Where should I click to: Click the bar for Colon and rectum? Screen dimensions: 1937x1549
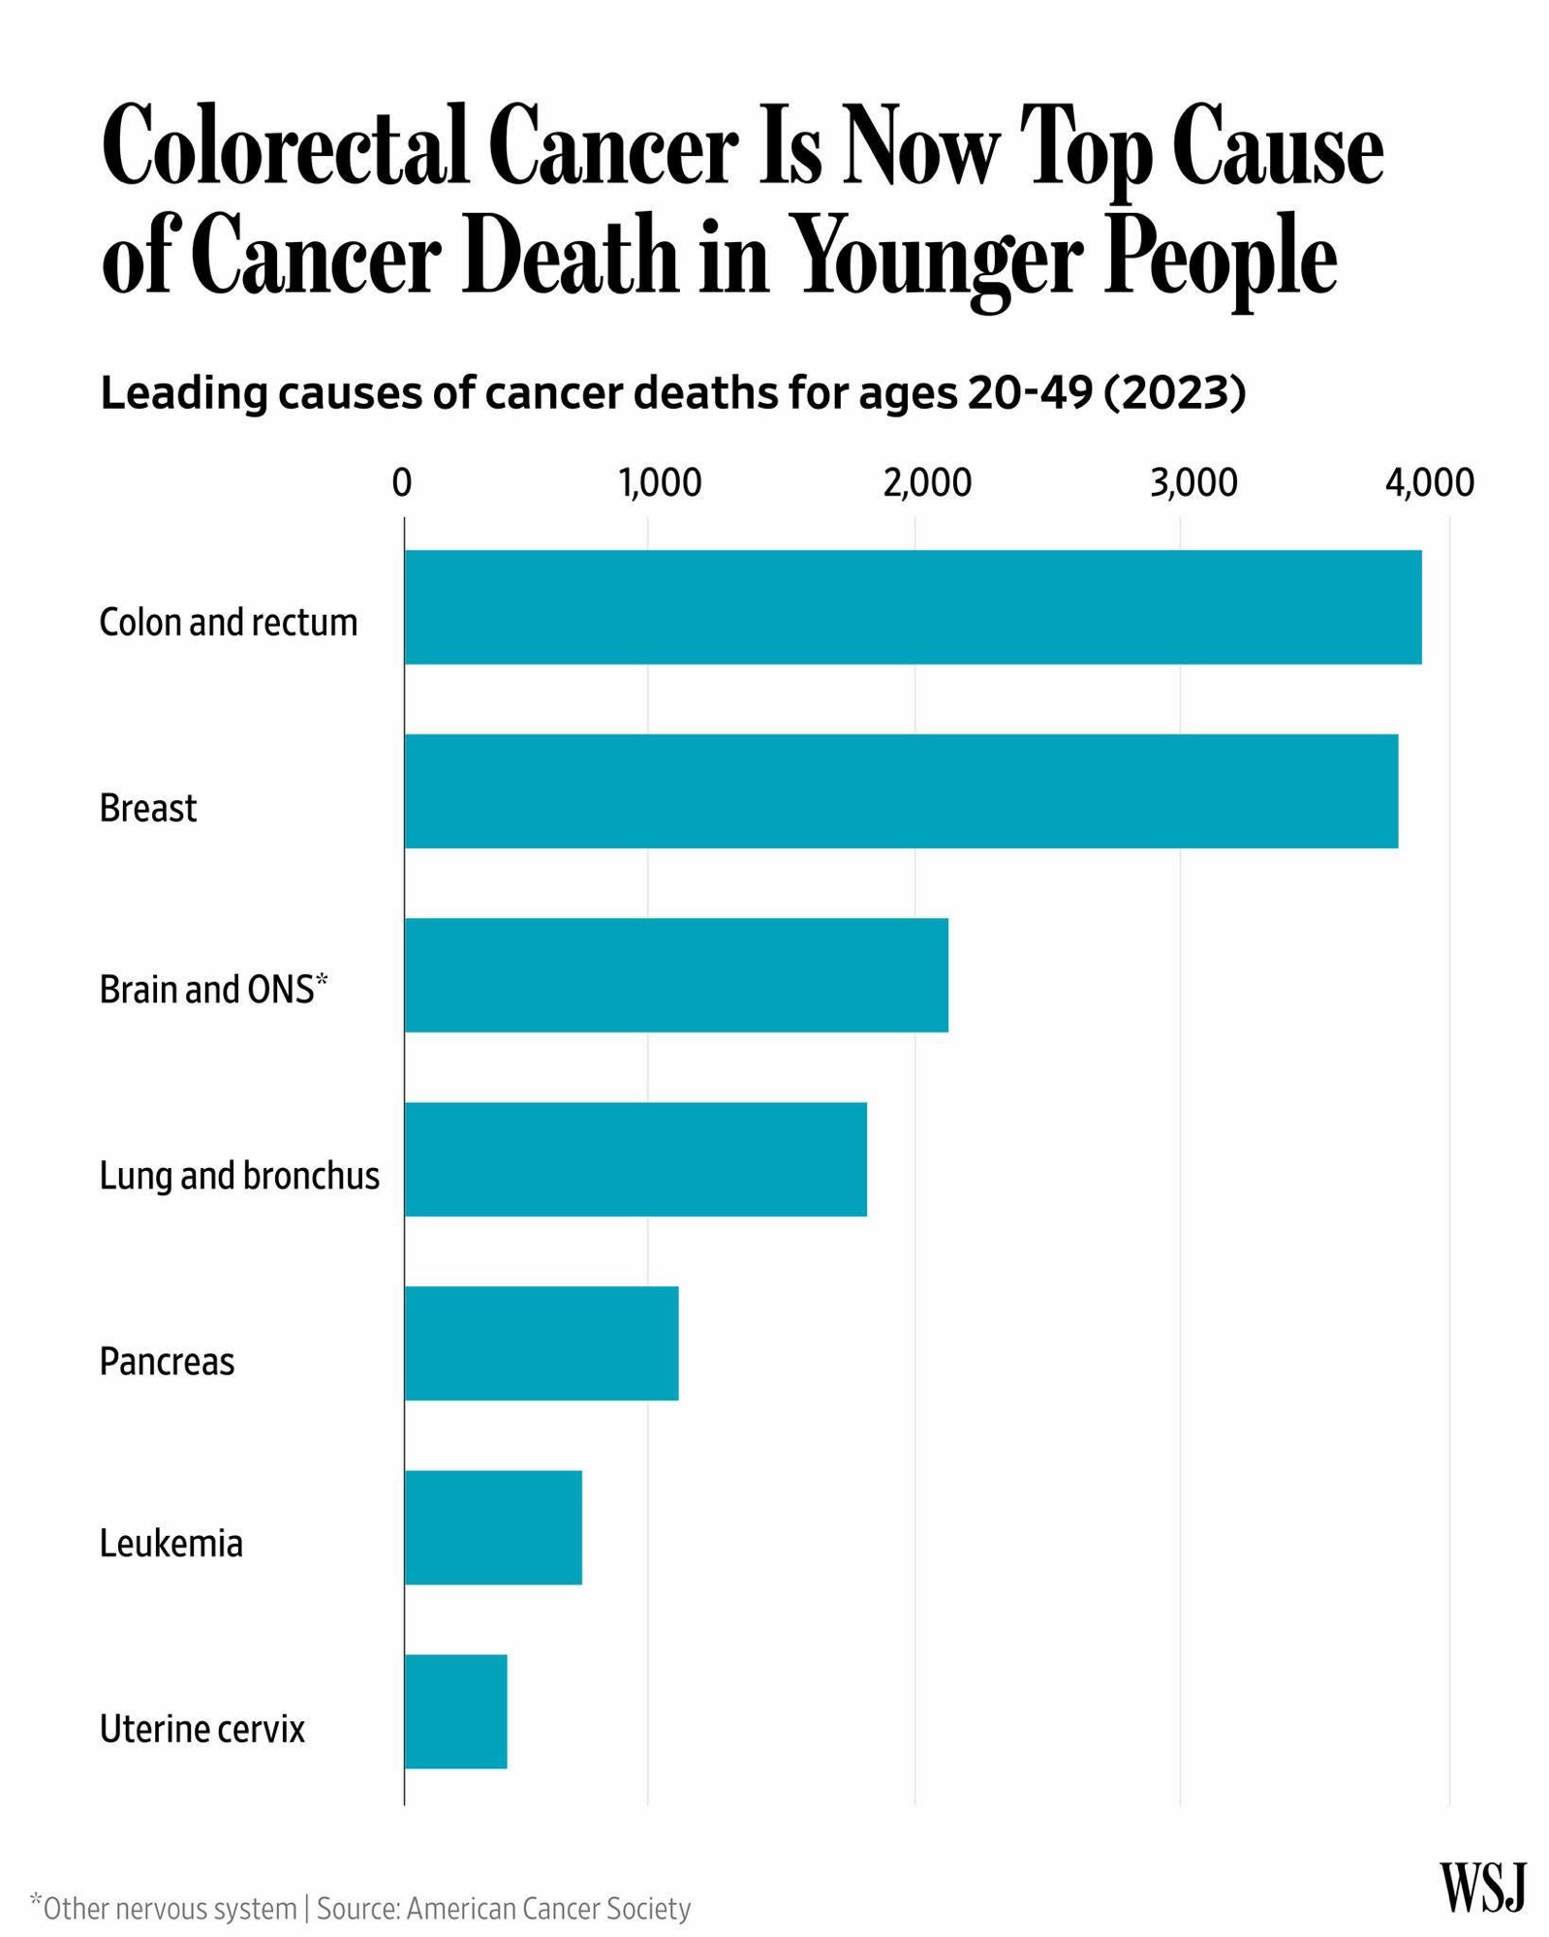tap(913, 607)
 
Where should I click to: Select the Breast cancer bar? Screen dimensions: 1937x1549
tap(901, 791)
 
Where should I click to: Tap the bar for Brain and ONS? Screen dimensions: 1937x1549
tap(676, 975)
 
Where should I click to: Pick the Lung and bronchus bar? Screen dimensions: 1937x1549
tap(635, 1159)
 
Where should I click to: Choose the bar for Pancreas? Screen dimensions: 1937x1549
tap(542, 1343)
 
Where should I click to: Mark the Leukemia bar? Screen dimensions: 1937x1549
tap(493, 1527)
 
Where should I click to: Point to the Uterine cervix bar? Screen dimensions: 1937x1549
tap(455, 1711)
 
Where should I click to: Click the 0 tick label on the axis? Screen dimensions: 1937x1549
tap(402, 482)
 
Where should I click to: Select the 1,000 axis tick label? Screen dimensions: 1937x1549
tap(661, 482)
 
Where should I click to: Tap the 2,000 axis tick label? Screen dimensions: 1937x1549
tap(927, 482)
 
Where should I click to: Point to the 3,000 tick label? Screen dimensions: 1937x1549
tap(1193, 482)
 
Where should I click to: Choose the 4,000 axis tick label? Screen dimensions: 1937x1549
tap(1430, 482)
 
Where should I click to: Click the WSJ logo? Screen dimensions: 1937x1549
tap(1482, 1888)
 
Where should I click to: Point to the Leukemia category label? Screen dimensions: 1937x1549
tap(171, 1544)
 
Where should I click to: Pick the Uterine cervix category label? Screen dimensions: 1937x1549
tap(202, 1729)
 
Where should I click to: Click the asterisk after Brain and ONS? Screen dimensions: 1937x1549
tap(323, 980)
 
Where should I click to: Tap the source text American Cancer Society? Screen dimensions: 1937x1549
tap(548, 1909)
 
